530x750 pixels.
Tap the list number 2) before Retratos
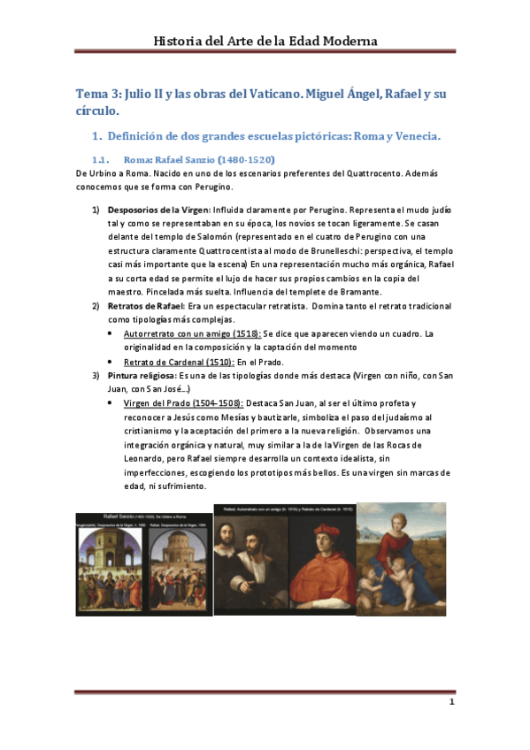click(96, 306)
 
